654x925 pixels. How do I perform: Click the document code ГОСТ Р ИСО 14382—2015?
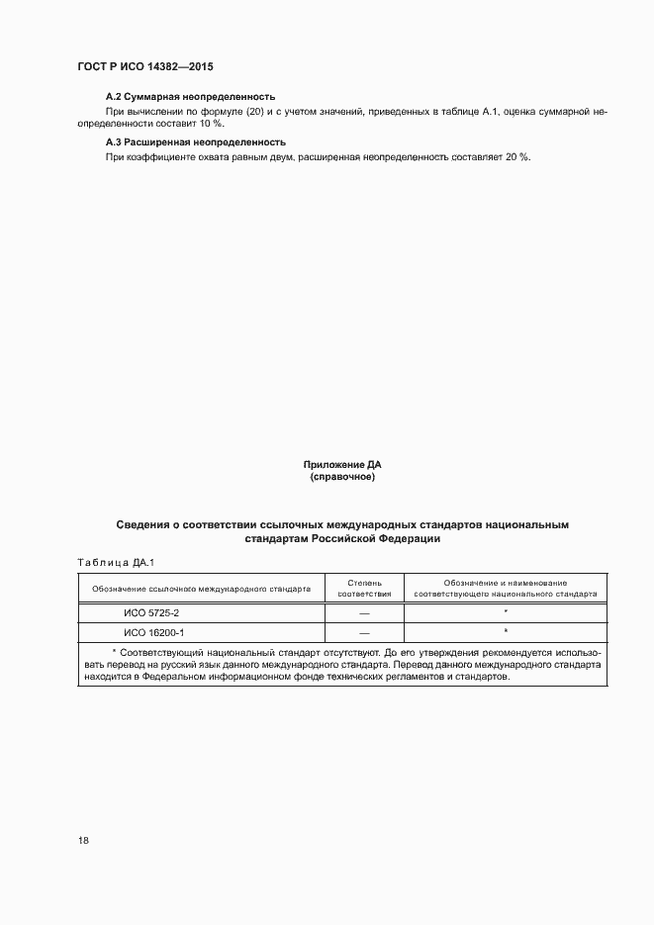pyautogui.click(x=145, y=66)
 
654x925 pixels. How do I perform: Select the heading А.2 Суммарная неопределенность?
pyautogui.click(x=189, y=97)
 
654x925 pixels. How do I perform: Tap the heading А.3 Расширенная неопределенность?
pyautogui.click(x=195, y=142)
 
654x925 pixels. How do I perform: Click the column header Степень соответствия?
pyautogui.click(x=364, y=589)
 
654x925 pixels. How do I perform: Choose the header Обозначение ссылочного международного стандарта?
pyautogui.click(x=201, y=589)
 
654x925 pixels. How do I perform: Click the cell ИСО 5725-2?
pyautogui.click(x=151, y=613)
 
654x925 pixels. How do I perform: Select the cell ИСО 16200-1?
pyautogui.click(x=154, y=631)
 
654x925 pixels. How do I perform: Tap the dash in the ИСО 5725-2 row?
pyautogui.click(x=364, y=614)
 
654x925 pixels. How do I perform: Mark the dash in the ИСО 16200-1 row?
pyautogui.click(x=364, y=632)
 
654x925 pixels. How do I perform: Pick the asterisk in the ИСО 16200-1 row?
pyautogui.click(x=505, y=630)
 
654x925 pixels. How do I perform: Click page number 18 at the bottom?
pyautogui.click(x=83, y=840)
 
